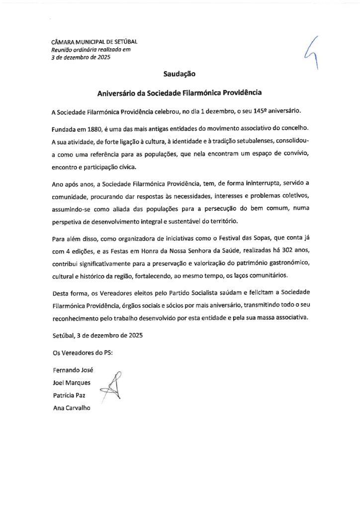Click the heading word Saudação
[x=180, y=74]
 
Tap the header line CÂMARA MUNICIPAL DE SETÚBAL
[x=94, y=42]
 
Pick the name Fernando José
[x=73, y=370]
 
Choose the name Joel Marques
[x=71, y=383]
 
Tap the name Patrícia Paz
[x=69, y=395]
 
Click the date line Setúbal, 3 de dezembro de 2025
[x=97, y=335]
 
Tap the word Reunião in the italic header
[x=63, y=49]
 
